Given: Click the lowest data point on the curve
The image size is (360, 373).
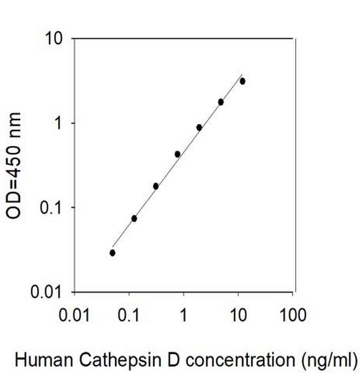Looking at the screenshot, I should (112, 253).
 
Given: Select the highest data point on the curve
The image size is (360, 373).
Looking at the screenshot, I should (242, 81).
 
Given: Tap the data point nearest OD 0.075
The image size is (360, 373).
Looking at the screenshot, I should (134, 219).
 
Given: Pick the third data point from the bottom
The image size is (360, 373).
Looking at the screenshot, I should (156, 186).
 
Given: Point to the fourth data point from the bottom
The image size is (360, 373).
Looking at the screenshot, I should (177, 154).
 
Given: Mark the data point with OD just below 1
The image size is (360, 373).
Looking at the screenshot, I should (199, 127).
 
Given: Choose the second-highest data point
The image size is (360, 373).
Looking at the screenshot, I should (220, 102).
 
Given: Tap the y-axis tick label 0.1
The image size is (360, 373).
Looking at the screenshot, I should (53, 208).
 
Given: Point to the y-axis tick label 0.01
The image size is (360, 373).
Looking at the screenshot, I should (49, 292).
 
